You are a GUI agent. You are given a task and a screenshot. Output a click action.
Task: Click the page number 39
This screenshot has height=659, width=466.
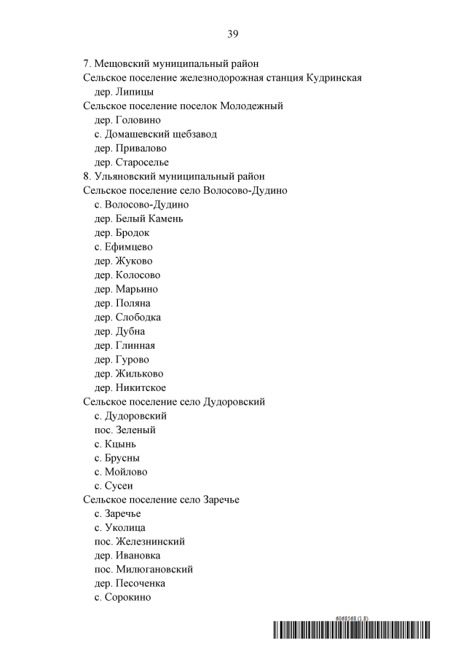(232, 33)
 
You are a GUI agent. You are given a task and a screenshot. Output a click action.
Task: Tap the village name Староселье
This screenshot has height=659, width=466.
(142, 162)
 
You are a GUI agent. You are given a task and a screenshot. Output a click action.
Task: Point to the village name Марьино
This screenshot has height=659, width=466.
(136, 289)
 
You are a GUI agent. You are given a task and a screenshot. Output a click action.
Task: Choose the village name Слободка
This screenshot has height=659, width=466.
(138, 317)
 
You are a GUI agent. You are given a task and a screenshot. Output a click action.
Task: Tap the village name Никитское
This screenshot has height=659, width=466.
(141, 387)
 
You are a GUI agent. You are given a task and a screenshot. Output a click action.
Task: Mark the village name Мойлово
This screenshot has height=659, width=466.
(126, 472)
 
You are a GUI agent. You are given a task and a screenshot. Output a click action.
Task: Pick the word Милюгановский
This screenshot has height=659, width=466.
(154, 569)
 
